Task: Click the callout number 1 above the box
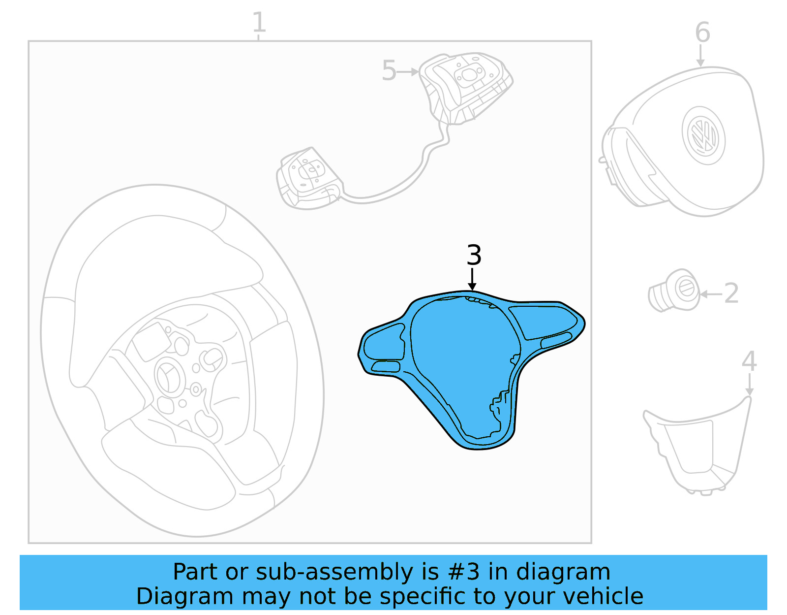tap(259, 23)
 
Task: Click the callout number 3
tap(474, 255)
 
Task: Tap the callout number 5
tap(389, 71)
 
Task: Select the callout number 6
tap(702, 33)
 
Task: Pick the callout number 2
tap(731, 293)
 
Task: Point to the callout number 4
tap(749, 361)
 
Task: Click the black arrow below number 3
tap(472, 279)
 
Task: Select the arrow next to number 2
tap(711, 294)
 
